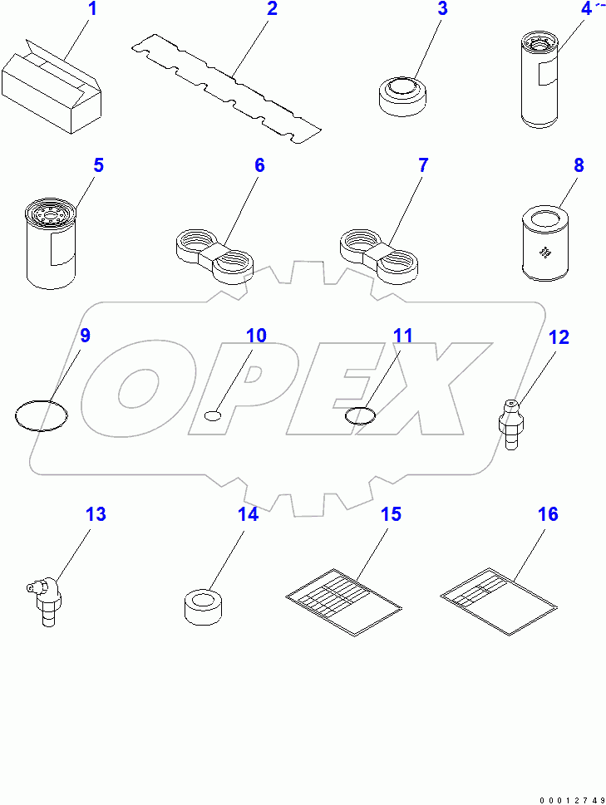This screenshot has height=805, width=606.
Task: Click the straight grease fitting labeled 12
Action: tap(510, 422)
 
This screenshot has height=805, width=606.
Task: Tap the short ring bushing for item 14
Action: tap(204, 606)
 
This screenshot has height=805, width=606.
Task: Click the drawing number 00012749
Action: tap(572, 799)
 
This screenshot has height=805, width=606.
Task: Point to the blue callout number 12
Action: tap(559, 337)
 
